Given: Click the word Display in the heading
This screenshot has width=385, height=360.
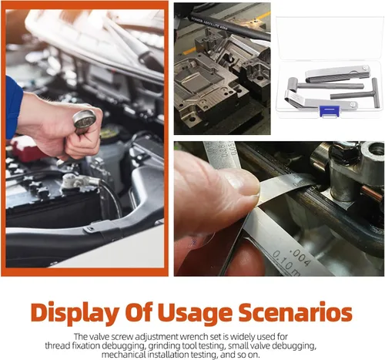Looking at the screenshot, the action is pyautogui.click(x=75, y=313).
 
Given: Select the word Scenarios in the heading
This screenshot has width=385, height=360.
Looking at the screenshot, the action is pyautogui.click(x=295, y=312).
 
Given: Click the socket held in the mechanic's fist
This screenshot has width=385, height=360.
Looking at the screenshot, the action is pyautogui.click(x=84, y=119).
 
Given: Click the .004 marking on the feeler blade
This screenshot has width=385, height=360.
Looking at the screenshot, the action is pyautogui.click(x=300, y=257).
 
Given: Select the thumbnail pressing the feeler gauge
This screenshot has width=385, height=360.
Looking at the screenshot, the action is pyautogui.click(x=244, y=185).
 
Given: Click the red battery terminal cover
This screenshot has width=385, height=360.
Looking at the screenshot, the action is pyautogui.click(x=25, y=149).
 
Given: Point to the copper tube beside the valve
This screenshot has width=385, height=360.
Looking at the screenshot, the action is pyautogui.click(x=371, y=193).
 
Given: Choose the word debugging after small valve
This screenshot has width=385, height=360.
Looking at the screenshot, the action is pyautogui.click(x=293, y=346).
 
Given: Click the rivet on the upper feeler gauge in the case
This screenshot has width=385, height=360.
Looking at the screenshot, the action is pyautogui.click(x=364, y=68).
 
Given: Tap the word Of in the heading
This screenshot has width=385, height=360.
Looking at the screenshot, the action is pyautogui.click(x=139, y=312).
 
